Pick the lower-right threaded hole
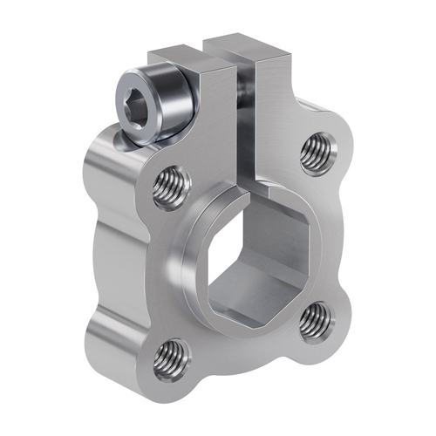(x=314, y=322)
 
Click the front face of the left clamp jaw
(x=218, y=131)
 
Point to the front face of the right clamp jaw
(x=274, y=113)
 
